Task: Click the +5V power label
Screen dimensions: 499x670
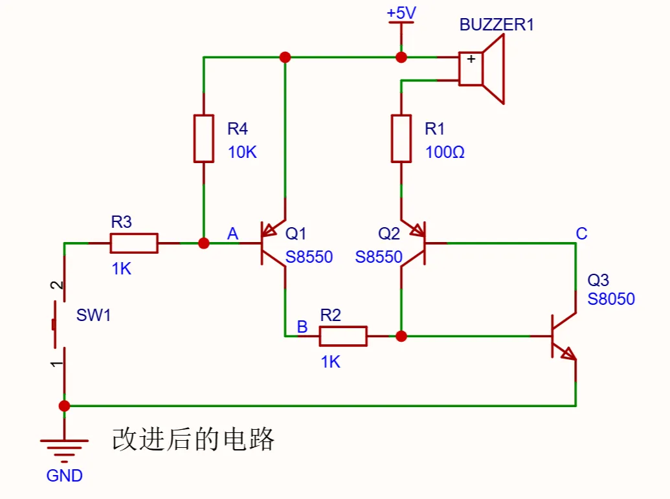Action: (x=401, y=12)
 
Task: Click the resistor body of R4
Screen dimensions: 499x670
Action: (x=204, y=139)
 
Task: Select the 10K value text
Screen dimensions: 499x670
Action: (x=242, y=153)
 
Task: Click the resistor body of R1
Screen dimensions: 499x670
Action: (x=401, y=139)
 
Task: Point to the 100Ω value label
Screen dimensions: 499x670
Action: (x=445, y=153)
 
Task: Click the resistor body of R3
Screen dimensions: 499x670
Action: (x=134, y=243)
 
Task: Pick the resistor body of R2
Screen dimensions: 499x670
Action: (x=343, y=336)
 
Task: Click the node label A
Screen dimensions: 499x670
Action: (x=233, y=234)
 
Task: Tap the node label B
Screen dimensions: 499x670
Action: (x=302, y=327)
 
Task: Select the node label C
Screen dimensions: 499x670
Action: (x=581, y=234)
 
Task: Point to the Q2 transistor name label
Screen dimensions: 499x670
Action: (x=389, y=234)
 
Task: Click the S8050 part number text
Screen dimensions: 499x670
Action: (x=611, y=299)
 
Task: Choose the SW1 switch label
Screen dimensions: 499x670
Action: (x=94, y=316)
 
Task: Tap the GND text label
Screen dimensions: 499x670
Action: (x=65, y=476)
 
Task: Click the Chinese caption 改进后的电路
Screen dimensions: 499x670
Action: (x=194, y=439)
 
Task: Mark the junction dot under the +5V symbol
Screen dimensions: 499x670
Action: (x=401, y=57)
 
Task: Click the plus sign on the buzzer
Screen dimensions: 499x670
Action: (x=471, y=59)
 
